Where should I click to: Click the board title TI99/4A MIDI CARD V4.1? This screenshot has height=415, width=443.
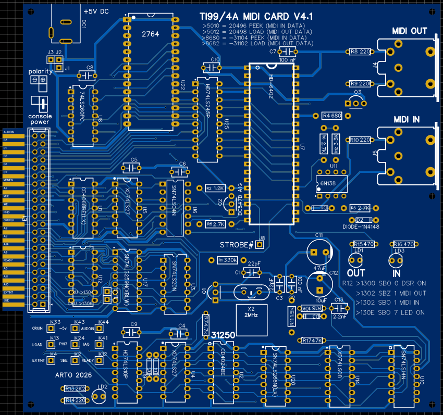point(252,17)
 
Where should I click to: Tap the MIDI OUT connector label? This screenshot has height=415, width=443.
point(410,31)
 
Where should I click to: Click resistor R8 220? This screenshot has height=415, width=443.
point(360,52)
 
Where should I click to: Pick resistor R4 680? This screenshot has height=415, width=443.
point(332,116)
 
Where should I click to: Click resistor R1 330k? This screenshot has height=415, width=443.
point(227,260)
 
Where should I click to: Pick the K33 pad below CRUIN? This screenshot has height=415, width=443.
point(51,329)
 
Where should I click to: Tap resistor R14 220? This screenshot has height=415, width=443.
point(77,400)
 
